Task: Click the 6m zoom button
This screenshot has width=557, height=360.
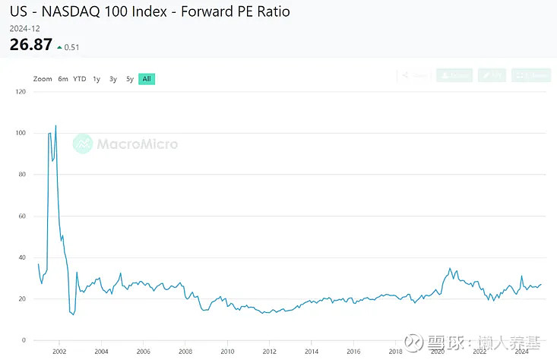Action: (63, 79)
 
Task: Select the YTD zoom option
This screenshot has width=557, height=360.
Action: (80, 79)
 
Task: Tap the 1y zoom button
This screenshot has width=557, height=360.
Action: (97, 79)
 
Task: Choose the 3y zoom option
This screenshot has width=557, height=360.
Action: (113, 79)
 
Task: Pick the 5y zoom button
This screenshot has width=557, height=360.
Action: (130, 79)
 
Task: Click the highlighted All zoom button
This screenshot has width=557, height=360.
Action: (147, 79)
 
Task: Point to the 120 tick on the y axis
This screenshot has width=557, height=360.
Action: (21, 92)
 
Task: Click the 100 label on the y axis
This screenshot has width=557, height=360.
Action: (21, 133)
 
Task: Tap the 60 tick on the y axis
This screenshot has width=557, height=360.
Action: (22, 216)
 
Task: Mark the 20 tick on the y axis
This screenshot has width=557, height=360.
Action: (22, 298)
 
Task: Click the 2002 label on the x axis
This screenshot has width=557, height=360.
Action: (59, 352)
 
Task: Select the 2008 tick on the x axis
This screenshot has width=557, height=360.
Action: (185, 352)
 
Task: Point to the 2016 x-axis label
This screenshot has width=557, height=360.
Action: (353, 352)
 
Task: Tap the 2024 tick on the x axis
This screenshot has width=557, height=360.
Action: (521, 352)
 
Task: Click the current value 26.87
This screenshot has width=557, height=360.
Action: (30, 45)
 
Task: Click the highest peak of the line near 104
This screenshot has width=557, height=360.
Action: (55, 125)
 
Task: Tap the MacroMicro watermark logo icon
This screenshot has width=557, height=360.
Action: (83, 144)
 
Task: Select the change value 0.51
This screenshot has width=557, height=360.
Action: (72, 47)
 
